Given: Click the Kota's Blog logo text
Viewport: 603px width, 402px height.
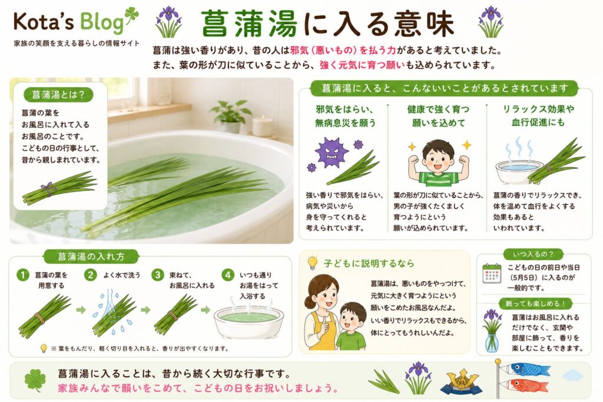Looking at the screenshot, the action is tap(69, 22).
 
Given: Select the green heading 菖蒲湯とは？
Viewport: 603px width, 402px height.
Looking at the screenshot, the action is tap(58, 95).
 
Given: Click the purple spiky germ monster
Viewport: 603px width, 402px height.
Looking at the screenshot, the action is tap(329, 152).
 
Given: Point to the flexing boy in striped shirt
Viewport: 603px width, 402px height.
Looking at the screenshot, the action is tap(438, 164).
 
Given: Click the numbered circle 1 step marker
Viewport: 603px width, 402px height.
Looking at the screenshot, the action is tap(23, 275).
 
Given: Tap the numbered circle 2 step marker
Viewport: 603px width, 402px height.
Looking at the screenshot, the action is tap(91, 275).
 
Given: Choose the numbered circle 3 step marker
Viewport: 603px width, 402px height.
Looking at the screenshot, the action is tap(158, 275).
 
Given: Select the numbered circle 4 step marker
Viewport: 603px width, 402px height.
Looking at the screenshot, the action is tap(228, 275).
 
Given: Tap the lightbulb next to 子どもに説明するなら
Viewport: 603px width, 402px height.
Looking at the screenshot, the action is tap(312, 263).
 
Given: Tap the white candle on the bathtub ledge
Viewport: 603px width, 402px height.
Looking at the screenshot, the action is tap(263, 126).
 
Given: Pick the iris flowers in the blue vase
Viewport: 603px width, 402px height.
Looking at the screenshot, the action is tap(492, 331).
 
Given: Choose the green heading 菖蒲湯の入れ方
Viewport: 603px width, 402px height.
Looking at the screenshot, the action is tap(91, 257).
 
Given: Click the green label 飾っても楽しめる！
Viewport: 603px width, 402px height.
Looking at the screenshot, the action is tap(536, 304).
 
